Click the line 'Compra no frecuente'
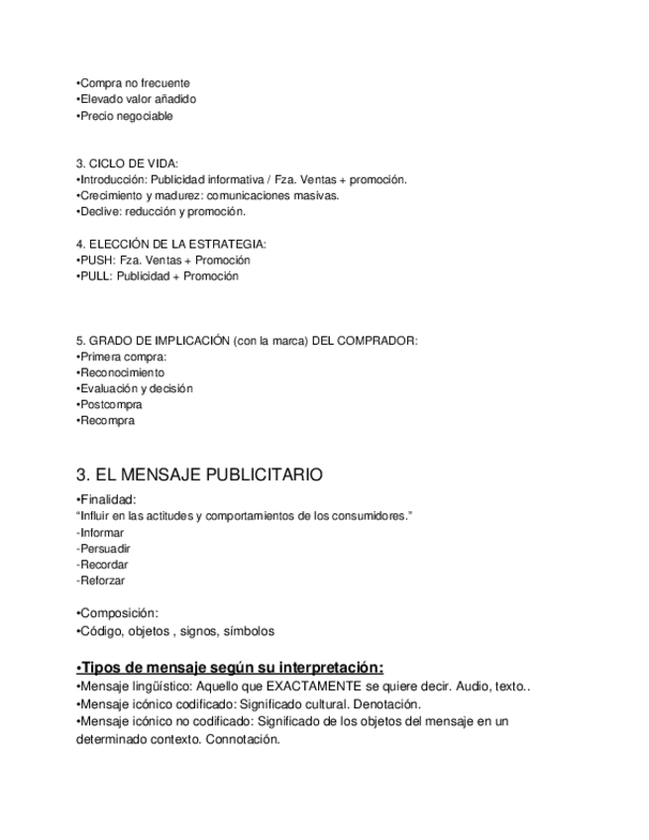pyautogui.click(x=133, y=83)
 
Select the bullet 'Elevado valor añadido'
pyautogui.click(x=137, y=99)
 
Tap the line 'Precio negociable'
pyautogui.click(x=125, y=116)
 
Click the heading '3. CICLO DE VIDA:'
pyautogui.click(x=127, y=163)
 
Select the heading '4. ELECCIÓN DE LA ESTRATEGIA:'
pyautogui.click(x=170, y=244)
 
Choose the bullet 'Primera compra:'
pyautogui.click(x=121, y=357)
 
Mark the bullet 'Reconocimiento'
pyautogui.click(x=121, y=372)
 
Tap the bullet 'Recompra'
pyautogui.click(x=105, y=420)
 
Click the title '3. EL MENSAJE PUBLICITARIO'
pyautogui.click(x=198, y=475)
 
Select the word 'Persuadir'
pyautogui.click(x=105, y=549)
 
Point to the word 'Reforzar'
pyautogui.click(x=103, y=580)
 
